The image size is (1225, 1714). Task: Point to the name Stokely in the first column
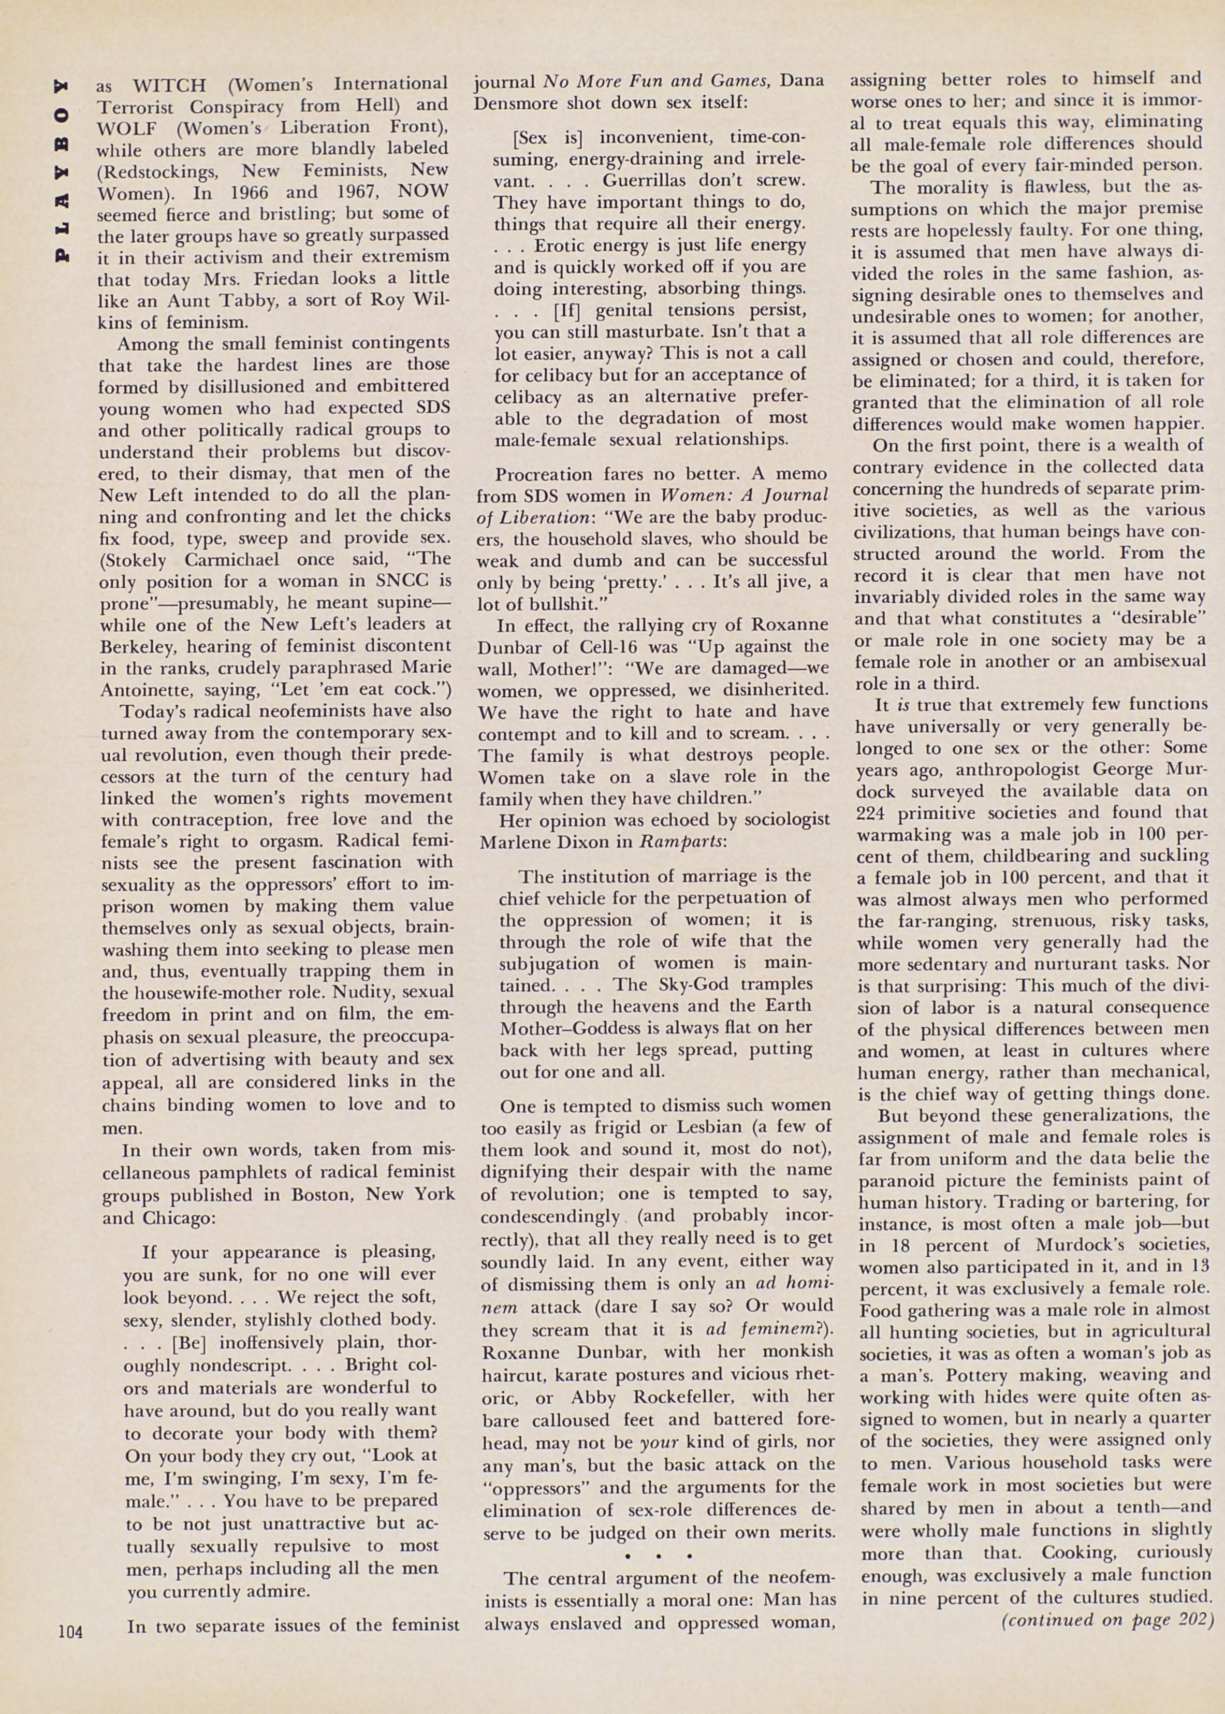click(141, 560)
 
